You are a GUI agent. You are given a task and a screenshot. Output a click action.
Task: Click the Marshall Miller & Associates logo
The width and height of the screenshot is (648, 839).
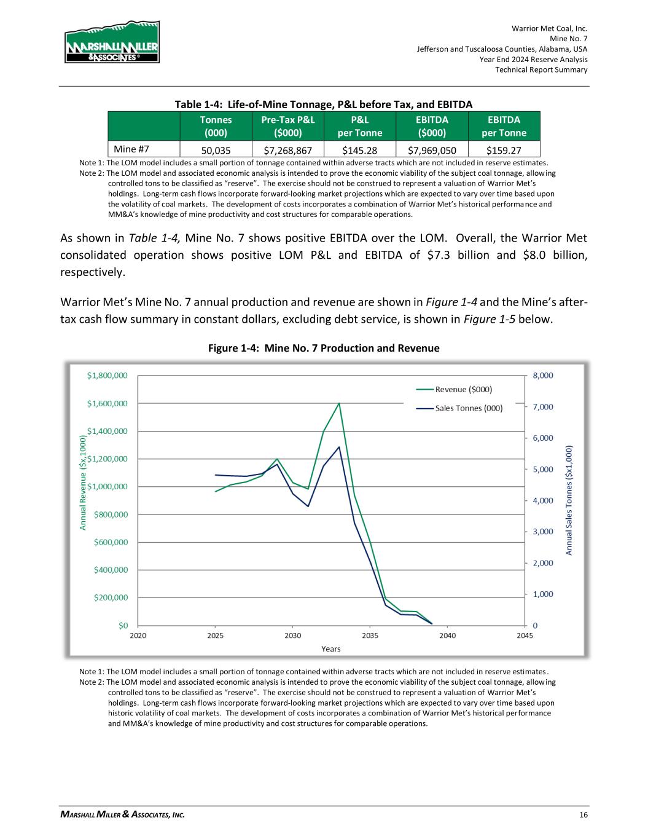112,42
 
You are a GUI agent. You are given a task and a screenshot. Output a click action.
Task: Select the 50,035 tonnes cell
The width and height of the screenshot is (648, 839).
216,149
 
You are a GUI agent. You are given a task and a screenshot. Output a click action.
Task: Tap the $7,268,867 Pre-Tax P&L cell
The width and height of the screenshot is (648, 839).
288,149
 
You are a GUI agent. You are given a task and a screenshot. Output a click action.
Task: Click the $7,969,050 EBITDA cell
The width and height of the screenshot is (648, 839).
432,149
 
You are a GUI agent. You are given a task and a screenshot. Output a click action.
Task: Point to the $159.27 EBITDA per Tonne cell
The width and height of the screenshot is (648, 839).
504,149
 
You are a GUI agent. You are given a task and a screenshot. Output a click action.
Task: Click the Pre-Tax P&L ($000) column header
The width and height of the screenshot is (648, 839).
288,126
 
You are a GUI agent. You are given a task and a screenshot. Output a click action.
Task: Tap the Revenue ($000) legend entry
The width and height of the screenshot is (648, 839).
463,389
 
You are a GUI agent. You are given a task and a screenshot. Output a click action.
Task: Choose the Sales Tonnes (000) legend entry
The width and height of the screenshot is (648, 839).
469,408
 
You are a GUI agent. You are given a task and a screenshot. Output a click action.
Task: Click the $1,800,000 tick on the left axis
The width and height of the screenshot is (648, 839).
107,375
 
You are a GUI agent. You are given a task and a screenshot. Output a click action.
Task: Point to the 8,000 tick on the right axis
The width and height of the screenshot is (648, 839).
542,375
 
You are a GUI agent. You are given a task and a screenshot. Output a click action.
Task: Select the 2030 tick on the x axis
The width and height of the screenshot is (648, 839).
292,636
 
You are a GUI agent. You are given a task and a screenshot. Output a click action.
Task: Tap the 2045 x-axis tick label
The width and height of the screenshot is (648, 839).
524,636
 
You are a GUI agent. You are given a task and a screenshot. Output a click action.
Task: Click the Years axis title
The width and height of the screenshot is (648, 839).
331,648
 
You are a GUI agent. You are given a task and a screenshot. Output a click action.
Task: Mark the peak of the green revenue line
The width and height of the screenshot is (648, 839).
339,403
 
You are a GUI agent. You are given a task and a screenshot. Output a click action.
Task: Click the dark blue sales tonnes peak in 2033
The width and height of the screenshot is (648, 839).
339,447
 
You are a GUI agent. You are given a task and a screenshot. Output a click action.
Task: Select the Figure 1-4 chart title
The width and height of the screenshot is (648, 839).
324,349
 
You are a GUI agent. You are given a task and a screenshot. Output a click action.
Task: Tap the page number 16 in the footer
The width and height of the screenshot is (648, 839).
583,815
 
